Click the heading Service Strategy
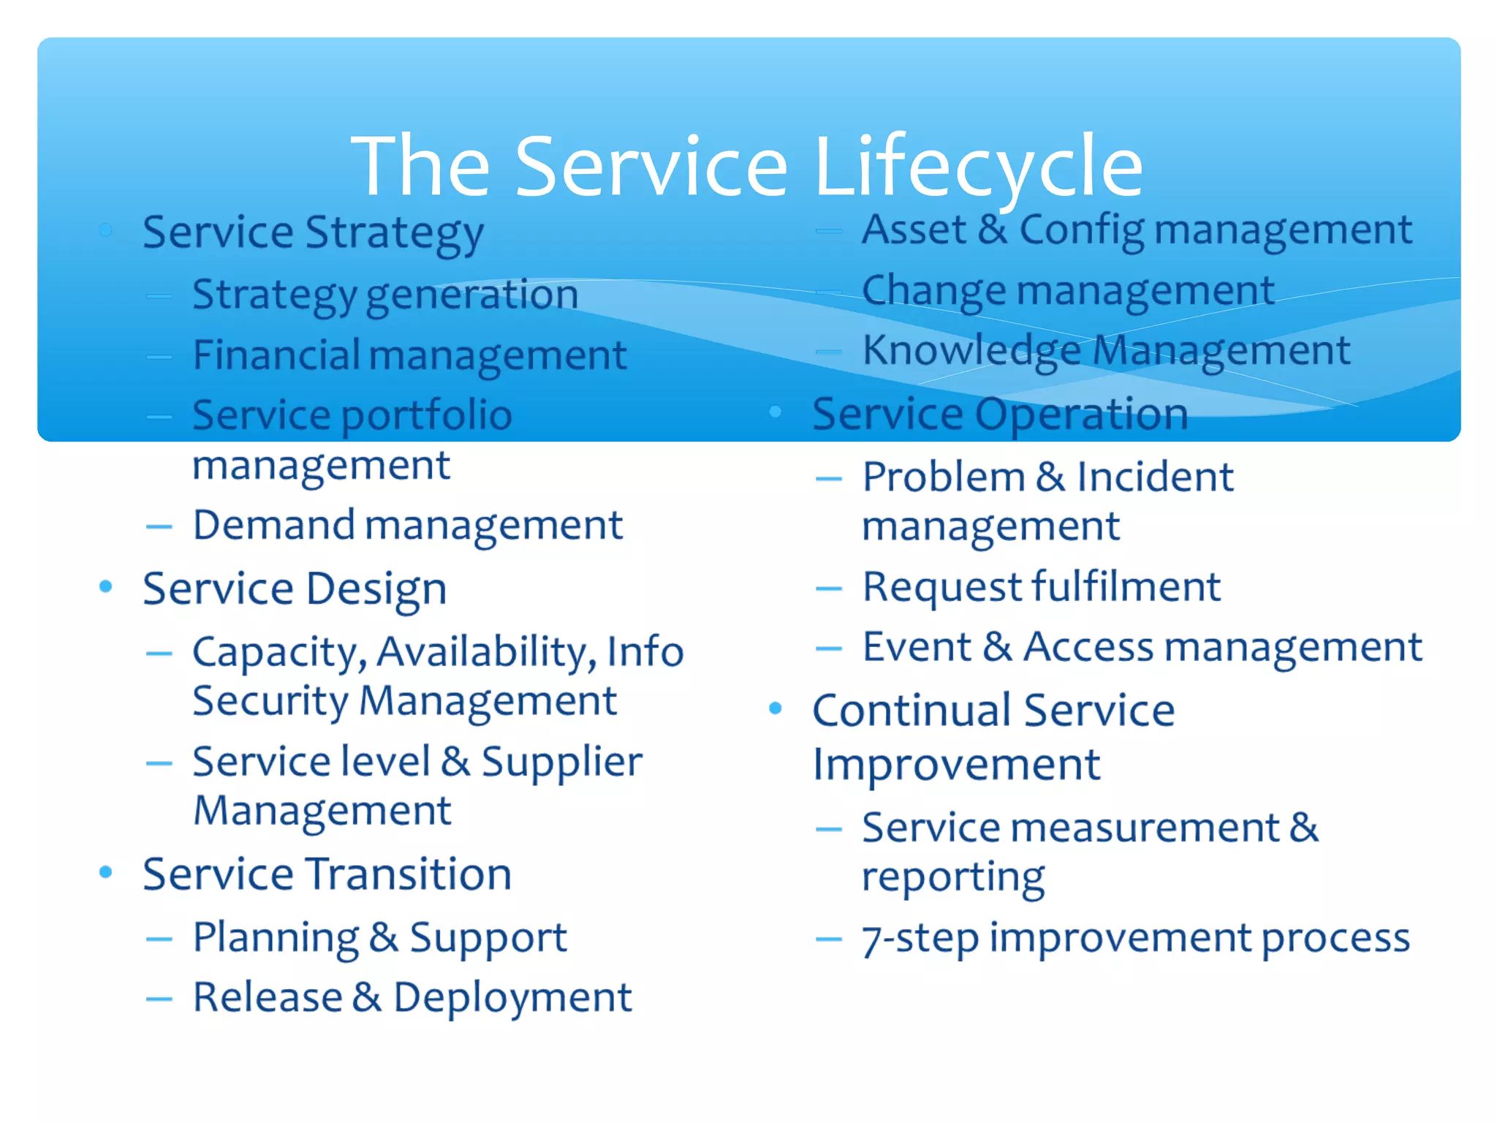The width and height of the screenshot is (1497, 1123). pos(313,232)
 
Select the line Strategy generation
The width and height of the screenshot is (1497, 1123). pos(385,295)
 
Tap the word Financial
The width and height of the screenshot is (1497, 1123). pos(276,355)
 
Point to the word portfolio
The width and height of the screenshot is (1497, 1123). pos(427,415)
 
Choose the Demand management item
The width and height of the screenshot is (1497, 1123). pos(407,525)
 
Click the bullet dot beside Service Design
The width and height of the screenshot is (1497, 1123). pos(106,586)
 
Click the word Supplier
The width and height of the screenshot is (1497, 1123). pos(561,762)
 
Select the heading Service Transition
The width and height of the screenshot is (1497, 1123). pos(327,874)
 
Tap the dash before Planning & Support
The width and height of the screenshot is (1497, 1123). pos(159,939)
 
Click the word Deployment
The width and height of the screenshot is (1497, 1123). pos(512,997)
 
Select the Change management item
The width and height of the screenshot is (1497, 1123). pos(1068,290)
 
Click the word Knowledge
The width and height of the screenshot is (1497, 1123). pos(971,350)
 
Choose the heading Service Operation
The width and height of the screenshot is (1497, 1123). pos(1000,414)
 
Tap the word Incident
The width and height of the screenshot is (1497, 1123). pos(1155,477)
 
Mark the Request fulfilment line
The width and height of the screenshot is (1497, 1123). pos(1041,586)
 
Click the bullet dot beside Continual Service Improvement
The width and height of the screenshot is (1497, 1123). pos(776,708)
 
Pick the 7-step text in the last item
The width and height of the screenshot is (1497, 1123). pos(920,938)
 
